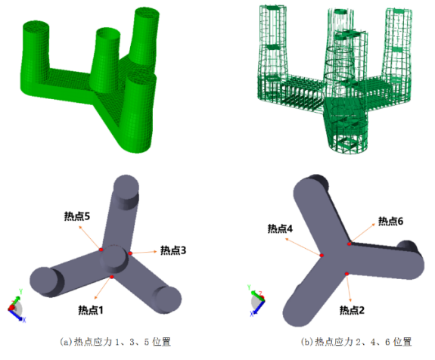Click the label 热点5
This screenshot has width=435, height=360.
(x=77, y=216)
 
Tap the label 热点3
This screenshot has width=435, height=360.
(x=173, y=250)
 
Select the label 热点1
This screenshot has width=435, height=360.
(x=91, y=310)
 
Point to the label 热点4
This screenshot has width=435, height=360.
(x=280, y=228)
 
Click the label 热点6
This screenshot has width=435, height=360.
(x=390, y=221)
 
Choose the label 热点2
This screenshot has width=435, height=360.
(x=352, y=310)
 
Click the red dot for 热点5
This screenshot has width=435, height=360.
(x=101, y=250)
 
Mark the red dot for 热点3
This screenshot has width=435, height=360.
(x=130, y=253)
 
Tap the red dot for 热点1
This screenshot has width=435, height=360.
(x=111, y=277)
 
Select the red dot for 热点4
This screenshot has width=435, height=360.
(x=322, y=255)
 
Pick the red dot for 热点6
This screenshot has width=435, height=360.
(x=350, y=244)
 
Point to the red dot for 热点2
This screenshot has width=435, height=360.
(x=346, y=274)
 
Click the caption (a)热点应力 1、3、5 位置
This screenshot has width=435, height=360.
(x=115, y=342)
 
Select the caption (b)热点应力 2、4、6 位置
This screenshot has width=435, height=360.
(x=356, y=342)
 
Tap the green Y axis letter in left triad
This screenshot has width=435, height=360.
(x=21, y=291)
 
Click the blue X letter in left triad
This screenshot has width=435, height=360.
(x=24, y=320)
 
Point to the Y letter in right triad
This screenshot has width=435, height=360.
(x=249, y=287)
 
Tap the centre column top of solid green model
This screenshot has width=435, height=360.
(x=108, y=33)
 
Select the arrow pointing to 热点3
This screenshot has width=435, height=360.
(x=144, y=253)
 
